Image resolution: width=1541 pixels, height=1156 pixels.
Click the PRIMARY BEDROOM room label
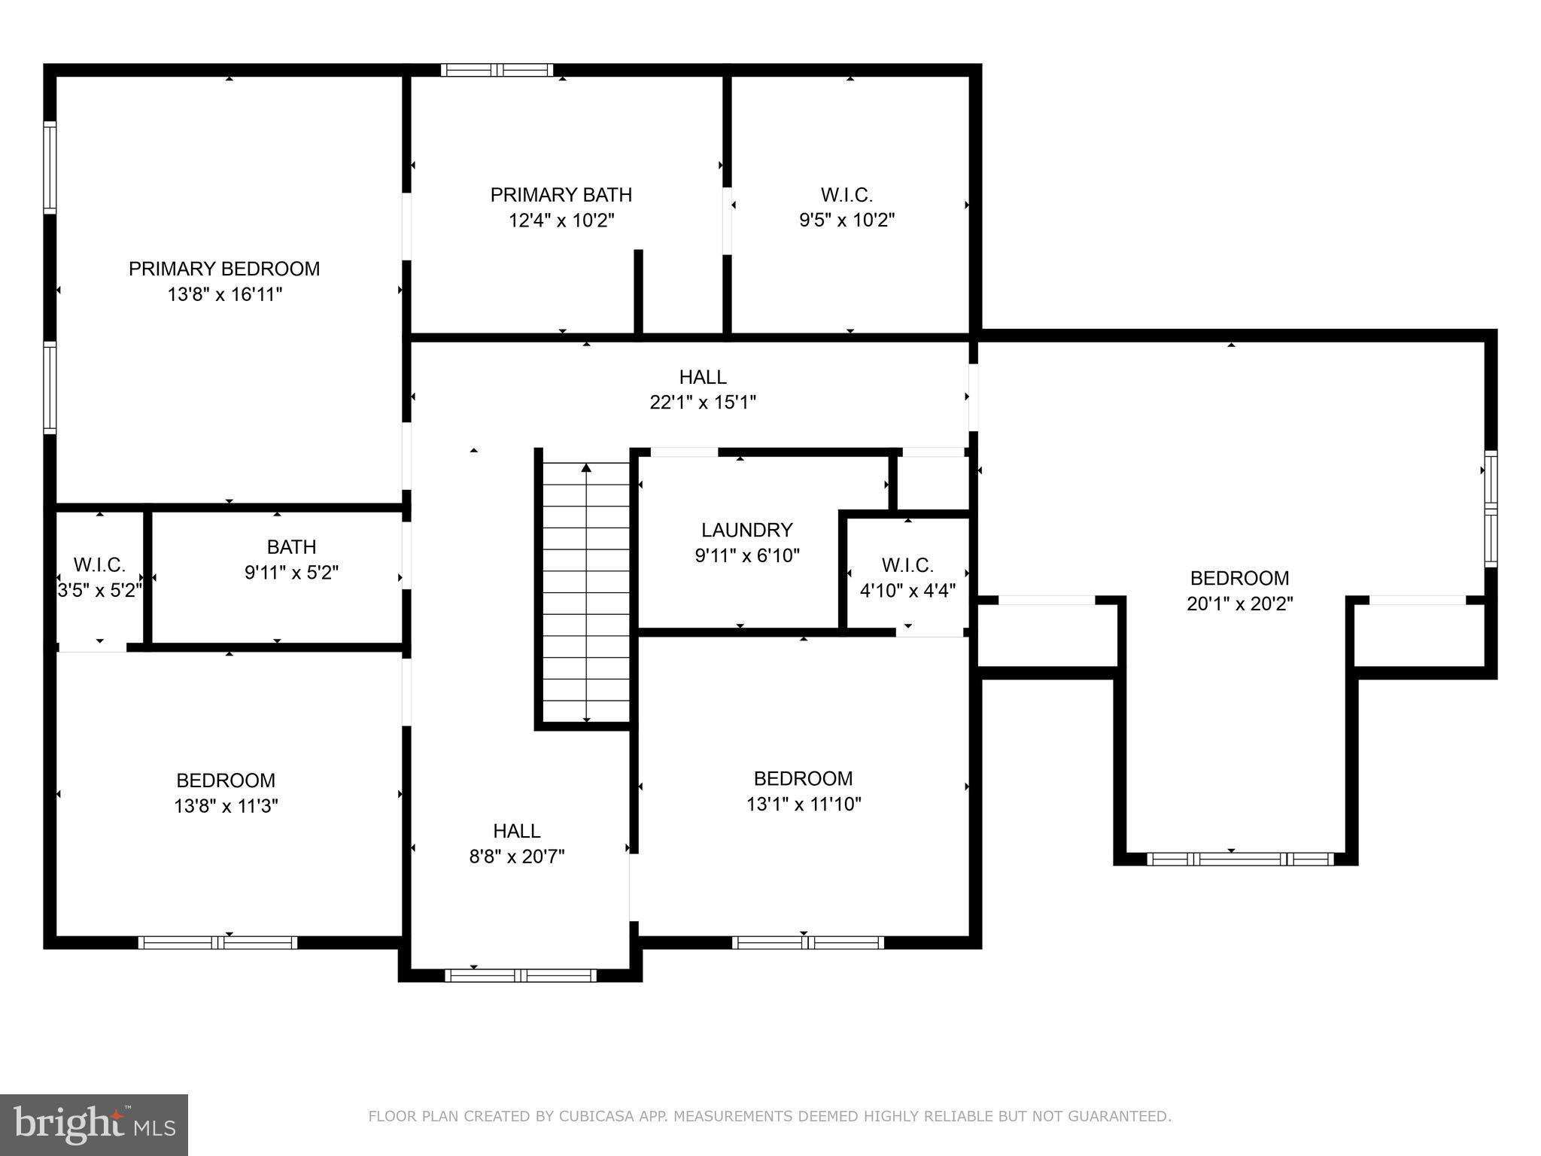click(224, 269)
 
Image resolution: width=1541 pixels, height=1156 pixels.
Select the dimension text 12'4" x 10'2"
click(561, 221)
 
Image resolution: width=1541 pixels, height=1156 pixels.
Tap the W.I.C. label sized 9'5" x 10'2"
click(846, 195)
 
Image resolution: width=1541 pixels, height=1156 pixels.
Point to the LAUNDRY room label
click(746, 530)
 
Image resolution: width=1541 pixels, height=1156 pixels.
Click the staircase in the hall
click(586, 591)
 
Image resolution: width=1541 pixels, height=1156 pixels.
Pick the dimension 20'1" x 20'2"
click(1239, 604)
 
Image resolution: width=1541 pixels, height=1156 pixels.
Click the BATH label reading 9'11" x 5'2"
click(291, 547)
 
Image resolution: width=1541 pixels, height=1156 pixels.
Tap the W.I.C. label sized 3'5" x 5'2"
click(99, 565)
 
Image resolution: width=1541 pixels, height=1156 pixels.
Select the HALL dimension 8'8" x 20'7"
click(517, 856)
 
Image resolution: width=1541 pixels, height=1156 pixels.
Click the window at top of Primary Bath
click(497, 70)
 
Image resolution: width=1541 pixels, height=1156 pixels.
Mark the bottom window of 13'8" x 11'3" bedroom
click(217, 942)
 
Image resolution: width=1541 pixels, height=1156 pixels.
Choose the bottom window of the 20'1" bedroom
click(1240, 859)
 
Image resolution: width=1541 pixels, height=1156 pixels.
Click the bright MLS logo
click(93, 1125)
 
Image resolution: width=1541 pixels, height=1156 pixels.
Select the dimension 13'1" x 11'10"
click(803, 804)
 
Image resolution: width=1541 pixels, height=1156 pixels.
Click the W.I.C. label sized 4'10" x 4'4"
click(907, 565)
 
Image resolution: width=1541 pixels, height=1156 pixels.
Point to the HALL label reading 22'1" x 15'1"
click(703, 377)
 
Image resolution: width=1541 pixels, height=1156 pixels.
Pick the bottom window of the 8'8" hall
click(520, 975)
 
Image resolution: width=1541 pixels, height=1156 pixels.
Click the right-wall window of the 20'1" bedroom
click(1490, 509)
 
